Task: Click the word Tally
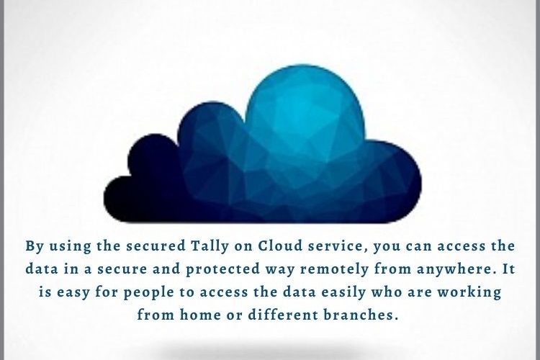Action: click(210, 247)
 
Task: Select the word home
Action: click(200, 315)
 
